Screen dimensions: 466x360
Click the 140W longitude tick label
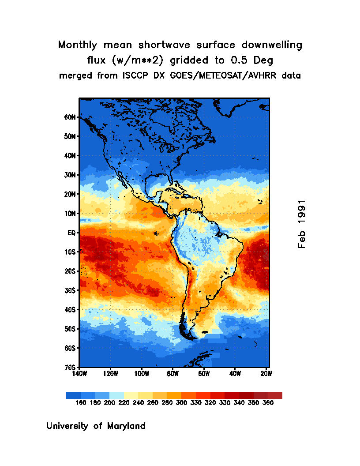tap(79, 373)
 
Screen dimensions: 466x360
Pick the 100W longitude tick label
tap(142, 373)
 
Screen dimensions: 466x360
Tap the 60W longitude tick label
tap(204, 373)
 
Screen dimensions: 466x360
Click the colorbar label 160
tap(81, 402)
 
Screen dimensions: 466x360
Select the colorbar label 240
tap(138, 402)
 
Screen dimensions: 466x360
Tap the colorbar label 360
tap(267, 402)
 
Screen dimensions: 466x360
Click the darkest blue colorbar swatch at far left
tap(73, 395)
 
